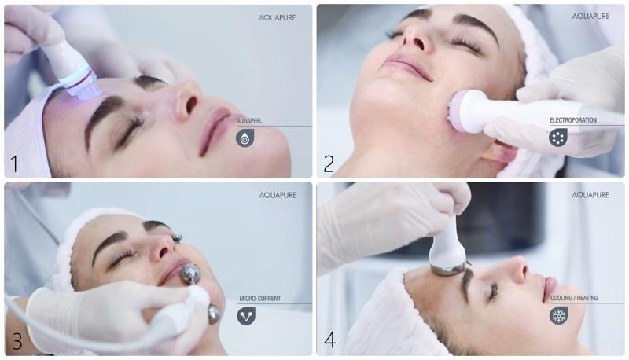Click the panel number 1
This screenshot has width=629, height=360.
pyautogui.click(x=14, y=164)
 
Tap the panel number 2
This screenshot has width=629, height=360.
pyautogui.click(x=329, y=163)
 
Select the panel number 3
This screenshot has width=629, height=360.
pyautogui.click(x=17, y=341)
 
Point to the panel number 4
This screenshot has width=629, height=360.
pyautogui.click(x=329, y=340)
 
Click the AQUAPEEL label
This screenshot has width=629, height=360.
pyautogui.click(x=249, y=121)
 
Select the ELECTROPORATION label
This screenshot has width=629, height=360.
pyautogui.click(x=573, y=120)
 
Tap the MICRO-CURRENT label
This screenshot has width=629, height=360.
pyautogui.click(x=260, y=298)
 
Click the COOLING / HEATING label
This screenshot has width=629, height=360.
pyautogui.click(x=574, y=298)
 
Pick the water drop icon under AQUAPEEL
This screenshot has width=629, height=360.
pyautogui.click(x=245, y=138)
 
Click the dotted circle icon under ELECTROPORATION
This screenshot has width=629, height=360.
pyautogui.click(x=558, y=138)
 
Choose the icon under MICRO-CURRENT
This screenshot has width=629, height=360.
pyautogui.click(x=246, y=316)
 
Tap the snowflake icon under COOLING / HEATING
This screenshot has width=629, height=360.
pyautogui.click(x=558, y=315)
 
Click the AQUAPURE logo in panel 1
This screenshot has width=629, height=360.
pyautogui.click(x=278, y=17)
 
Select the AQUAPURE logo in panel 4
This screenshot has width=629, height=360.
pyautogui.click(x=590, y=195)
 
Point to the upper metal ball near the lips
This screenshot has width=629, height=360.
pyautogui.click(x=190, y=274)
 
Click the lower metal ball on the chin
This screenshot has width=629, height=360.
pyautogui.click(x=214, y=314)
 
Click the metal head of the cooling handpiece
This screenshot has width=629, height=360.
pyautogui.click(x=448, y=267)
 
